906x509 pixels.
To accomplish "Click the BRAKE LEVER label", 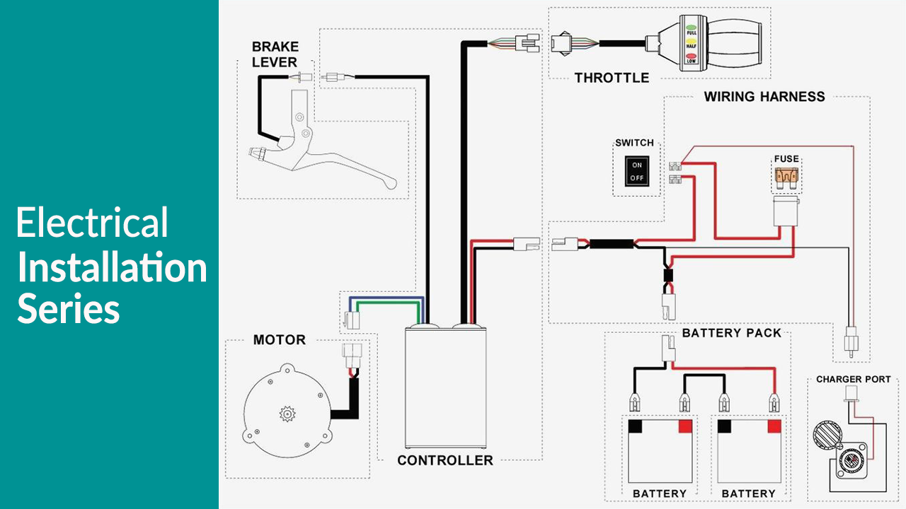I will pos(275,54).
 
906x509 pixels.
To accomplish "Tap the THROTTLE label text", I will pos(612,78).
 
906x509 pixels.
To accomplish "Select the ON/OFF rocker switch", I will pos(637,171).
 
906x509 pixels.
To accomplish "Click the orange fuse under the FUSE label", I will pos(786,175).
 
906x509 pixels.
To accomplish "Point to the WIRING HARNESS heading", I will pos(764,97).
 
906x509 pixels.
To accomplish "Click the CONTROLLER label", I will pos(445,460).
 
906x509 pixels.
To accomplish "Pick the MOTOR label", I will pos(280,340).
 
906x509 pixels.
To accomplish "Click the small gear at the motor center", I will pos(288,413).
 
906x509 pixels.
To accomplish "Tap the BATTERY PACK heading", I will pos(732,333).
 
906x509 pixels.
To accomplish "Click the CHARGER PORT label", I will pos(853,380).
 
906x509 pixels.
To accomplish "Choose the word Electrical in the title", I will pos(92,223).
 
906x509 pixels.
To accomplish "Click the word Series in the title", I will pos(69,309).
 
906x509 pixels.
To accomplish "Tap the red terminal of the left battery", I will pos(685,426).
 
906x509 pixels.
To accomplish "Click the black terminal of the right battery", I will pos(725,426).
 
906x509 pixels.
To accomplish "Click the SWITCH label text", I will pos(634,143).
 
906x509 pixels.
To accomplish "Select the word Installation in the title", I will pos(112,267).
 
